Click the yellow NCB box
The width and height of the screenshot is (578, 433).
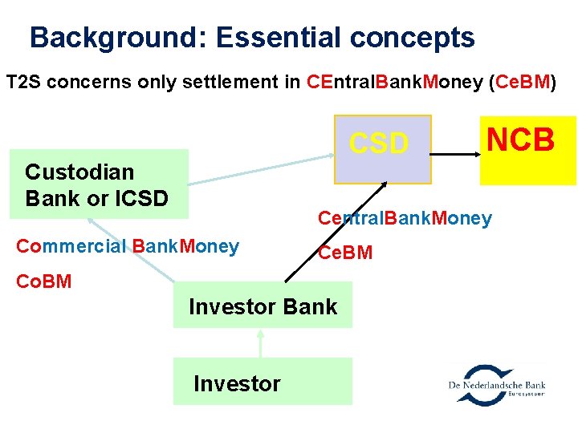[x=527, y=150]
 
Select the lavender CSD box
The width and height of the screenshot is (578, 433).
[x=378, y=149]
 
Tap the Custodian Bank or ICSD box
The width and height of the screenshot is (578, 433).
[x=99, y=184]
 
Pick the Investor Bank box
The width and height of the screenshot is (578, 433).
[x=263, y=305]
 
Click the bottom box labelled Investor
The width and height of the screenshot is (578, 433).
[x=263, y=382]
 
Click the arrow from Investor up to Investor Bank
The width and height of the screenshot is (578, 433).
[x=260, y=342]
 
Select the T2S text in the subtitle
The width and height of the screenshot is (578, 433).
[x=25, y=83]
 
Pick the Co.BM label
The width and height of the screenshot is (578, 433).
[x=43, y=281]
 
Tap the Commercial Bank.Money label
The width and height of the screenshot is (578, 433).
[x=127, y=246]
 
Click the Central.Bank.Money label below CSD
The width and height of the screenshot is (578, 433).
[x=405, y=218]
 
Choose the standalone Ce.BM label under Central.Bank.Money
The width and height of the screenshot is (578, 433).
[x=345, y=253]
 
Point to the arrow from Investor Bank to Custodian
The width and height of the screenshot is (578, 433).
[x=132, y=249]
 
